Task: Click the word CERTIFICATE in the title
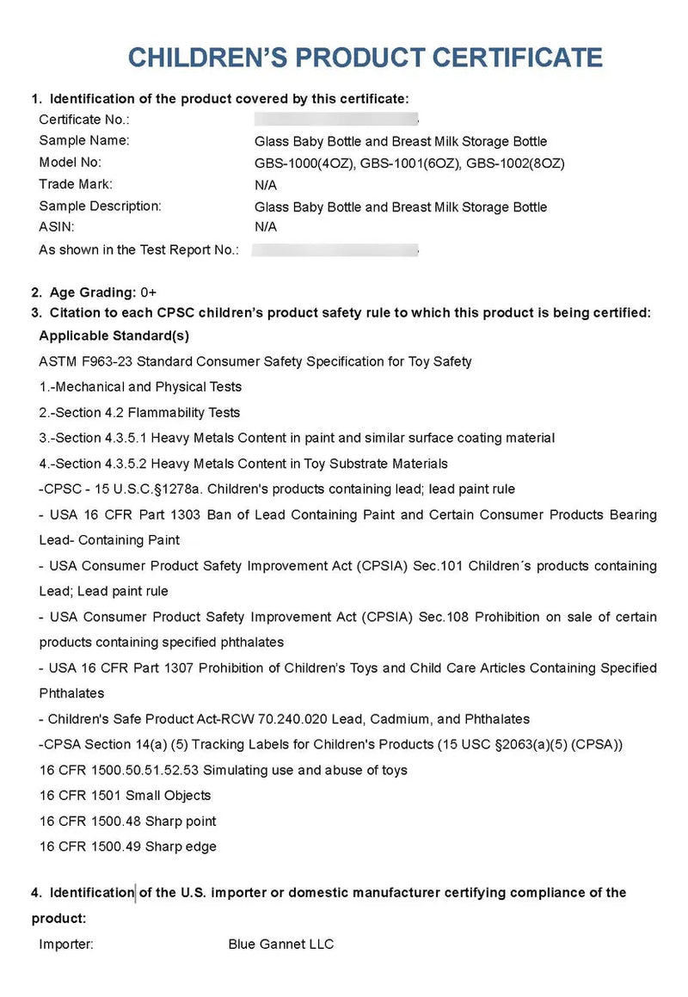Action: coord(516,57)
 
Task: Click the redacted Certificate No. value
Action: coord(335,120)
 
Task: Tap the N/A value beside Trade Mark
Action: coord(265,184)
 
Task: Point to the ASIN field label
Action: coord(57,227)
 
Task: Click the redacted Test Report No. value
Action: coord(335,250)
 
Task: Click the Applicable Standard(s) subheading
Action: coord(114,335)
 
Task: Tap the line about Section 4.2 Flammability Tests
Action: coord(140,413)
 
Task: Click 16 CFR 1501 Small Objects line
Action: coord(126,796)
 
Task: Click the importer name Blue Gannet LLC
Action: coord(280,945)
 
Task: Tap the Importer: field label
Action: coord(66,945)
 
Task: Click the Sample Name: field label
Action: coord(84,141)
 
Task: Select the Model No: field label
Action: coord(71,163)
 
